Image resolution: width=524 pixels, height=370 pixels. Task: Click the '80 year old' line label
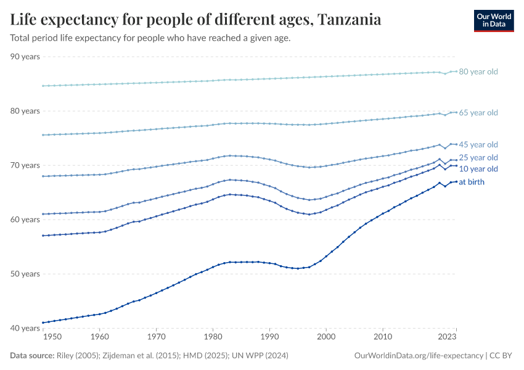tap(478, 72)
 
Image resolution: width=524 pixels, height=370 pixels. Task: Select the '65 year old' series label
tap(478, 113)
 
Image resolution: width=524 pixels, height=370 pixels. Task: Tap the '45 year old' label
tap(478, 144)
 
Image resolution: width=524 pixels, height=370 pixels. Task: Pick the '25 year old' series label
tap(478, 158)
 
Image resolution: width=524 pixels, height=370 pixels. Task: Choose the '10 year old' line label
tap(478, 168)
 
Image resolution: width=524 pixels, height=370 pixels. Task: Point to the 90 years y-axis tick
tap(25, 57)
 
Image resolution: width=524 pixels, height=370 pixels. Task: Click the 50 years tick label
tap(25, 274)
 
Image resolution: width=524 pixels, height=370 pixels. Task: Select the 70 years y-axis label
tap(25, 165)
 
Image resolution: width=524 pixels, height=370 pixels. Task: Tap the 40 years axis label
tap(25, 328)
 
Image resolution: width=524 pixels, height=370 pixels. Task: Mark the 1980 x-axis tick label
tap(213, 338)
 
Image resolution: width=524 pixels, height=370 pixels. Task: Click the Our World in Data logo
tap(493, 20)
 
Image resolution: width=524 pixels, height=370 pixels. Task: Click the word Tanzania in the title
tap(350, 20)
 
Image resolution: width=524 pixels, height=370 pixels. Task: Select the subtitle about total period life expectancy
tap(150, 38)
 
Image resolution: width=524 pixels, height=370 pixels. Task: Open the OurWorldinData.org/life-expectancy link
tap(419, 356)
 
